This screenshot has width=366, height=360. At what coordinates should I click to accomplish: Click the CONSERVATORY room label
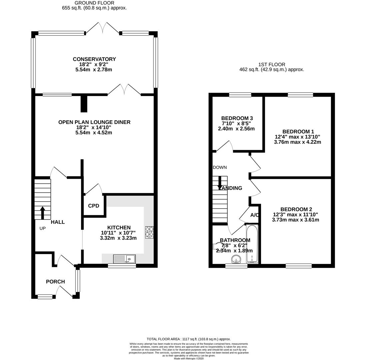click(94, 59)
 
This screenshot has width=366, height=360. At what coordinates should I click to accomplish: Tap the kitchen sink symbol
click(124, 259)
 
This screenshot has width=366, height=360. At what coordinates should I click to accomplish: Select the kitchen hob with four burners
click(149, 232)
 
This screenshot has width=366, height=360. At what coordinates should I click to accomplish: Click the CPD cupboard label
click(94, 206)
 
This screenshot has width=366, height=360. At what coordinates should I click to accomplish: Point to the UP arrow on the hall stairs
click(42, 213)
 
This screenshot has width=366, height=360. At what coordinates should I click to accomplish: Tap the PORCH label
click(55, 282)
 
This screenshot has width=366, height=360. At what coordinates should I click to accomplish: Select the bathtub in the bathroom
click(252, 244)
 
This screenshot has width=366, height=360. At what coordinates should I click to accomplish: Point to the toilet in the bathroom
click(216, 246)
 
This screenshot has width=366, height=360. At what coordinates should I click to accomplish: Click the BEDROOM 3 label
click(237, 118)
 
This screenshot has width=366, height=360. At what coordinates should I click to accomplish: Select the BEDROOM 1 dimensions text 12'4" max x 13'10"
click(297, 137)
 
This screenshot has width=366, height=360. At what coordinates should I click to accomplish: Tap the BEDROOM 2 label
click(296, 209)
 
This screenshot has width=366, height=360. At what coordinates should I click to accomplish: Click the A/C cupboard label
click(255, 215)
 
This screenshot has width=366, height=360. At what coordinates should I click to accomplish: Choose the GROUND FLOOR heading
click(94, 3)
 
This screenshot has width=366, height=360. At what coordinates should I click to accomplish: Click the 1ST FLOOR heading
click(272, 64)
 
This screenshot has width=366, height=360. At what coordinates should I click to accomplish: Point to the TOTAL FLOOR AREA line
click(189, 339)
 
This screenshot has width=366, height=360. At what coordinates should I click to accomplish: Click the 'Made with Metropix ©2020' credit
click(189, 358)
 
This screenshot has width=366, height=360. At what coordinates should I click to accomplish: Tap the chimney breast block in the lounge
click(84, 104)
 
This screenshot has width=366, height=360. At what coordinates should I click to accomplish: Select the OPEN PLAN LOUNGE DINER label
click(94, 122)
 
